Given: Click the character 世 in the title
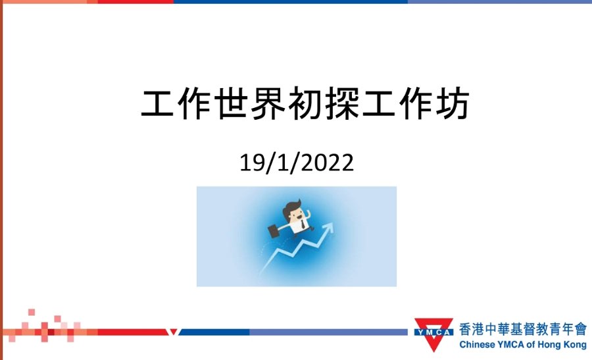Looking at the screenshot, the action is tap(232, 103).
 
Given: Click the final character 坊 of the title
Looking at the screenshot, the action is tap(452, 103).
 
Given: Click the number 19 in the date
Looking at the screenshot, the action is tap(253, 163).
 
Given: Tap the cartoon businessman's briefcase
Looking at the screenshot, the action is tap(274, 230).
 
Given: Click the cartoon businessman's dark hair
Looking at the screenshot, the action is tap(292, 207).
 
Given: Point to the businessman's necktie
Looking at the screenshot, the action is tap(303, 226).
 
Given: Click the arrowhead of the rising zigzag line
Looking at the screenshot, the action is tap(328, 228).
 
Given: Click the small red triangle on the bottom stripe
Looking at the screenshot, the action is tap(174, 332).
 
